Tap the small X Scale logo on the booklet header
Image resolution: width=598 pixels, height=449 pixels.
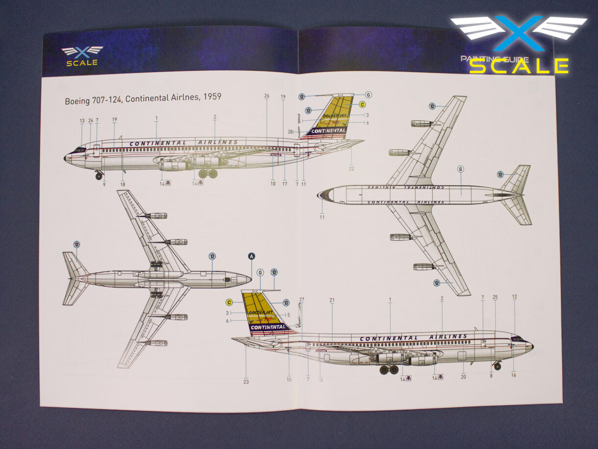pos(82,55)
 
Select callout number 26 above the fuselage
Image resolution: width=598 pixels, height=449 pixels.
pos(267,96)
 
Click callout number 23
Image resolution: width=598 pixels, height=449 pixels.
pos(246,381)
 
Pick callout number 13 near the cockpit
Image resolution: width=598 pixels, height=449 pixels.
pos(82,121)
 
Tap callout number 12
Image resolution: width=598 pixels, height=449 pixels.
pos(514,297)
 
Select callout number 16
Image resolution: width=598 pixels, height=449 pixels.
pos(514,375)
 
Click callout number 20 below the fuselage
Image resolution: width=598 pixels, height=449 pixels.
pos(463,377)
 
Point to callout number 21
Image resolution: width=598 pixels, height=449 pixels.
pos(332,300)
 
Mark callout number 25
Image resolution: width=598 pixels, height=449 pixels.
pos(495,297)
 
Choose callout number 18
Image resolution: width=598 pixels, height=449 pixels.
pos(123,185)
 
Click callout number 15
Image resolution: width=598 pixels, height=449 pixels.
pos(289,379)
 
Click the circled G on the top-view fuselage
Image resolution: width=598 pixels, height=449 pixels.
pos(460,169)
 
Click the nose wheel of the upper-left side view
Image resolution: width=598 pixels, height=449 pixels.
pos(99,177)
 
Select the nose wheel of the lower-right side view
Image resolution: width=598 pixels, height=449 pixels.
pos(497,367)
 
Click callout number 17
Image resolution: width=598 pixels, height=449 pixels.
pos(284,184)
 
